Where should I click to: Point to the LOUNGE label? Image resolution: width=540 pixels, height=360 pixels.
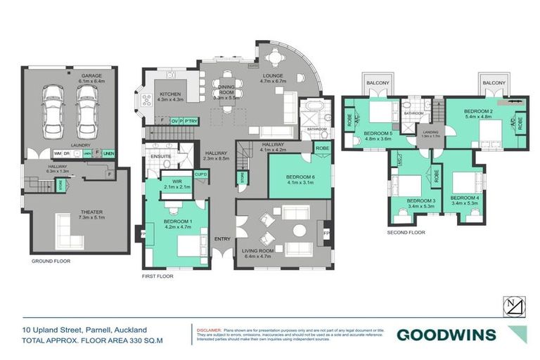coord(273,75)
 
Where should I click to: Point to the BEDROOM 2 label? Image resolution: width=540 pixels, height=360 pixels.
coord(480,111)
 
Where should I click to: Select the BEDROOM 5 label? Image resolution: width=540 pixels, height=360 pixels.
coord(380,133)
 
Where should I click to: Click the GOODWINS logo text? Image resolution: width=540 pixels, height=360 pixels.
coord(446,335)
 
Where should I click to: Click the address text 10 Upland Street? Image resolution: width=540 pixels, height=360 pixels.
coord(59,329)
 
